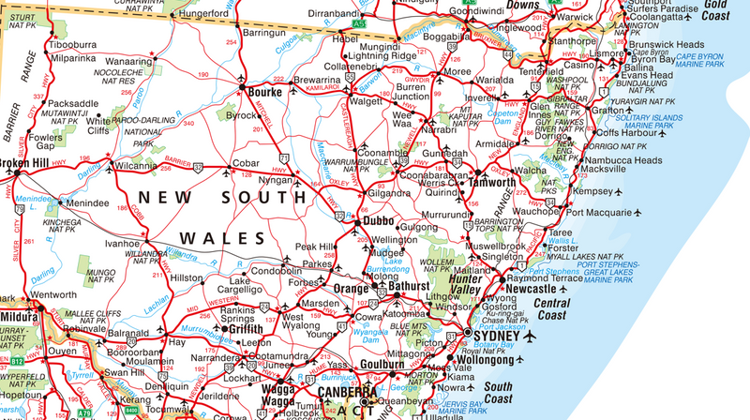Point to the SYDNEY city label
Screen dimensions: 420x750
497,337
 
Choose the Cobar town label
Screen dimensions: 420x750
245,163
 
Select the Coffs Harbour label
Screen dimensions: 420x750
629,132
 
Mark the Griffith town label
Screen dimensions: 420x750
246,330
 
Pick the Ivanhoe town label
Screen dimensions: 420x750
122,243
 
